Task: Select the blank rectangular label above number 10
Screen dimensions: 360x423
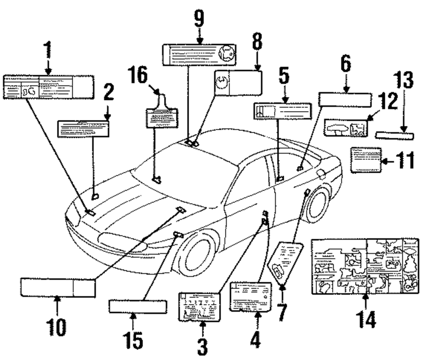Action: click(58, 288)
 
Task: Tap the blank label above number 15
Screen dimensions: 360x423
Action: click(138, 305)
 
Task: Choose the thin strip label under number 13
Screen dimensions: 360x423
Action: click(395, 135)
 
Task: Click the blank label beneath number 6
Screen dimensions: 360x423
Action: click(345, 99)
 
